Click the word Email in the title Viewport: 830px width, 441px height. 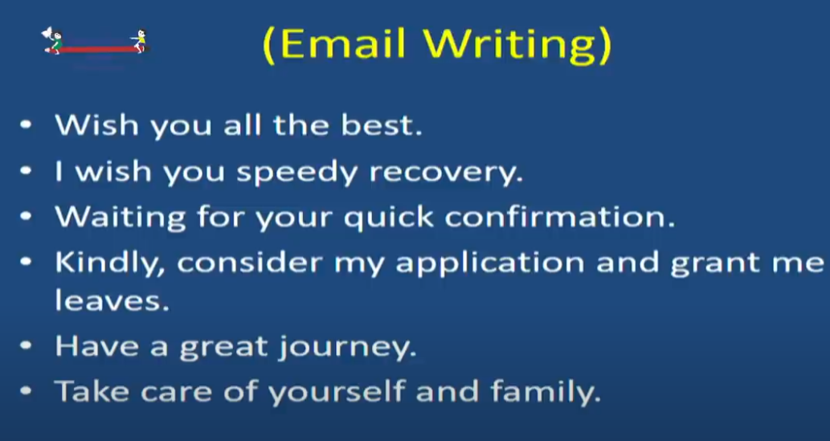click(342, 43)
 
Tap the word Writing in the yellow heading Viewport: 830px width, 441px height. click(509, 46)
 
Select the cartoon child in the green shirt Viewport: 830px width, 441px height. click(55, 41)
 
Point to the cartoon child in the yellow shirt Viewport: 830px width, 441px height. click(141, 41)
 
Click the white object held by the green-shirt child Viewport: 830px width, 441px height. click(47, 33)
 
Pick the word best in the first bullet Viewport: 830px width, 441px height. click(381, 125)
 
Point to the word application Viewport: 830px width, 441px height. click(489, 263)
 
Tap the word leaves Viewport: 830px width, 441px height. click(112, 300)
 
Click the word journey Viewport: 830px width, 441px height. click(348, 348)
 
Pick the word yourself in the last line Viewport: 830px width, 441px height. click(337, 392)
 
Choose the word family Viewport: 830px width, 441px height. click(546, 392)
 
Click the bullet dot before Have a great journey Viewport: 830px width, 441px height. click(26, 345)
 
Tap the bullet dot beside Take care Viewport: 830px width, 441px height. click(26, 390)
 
